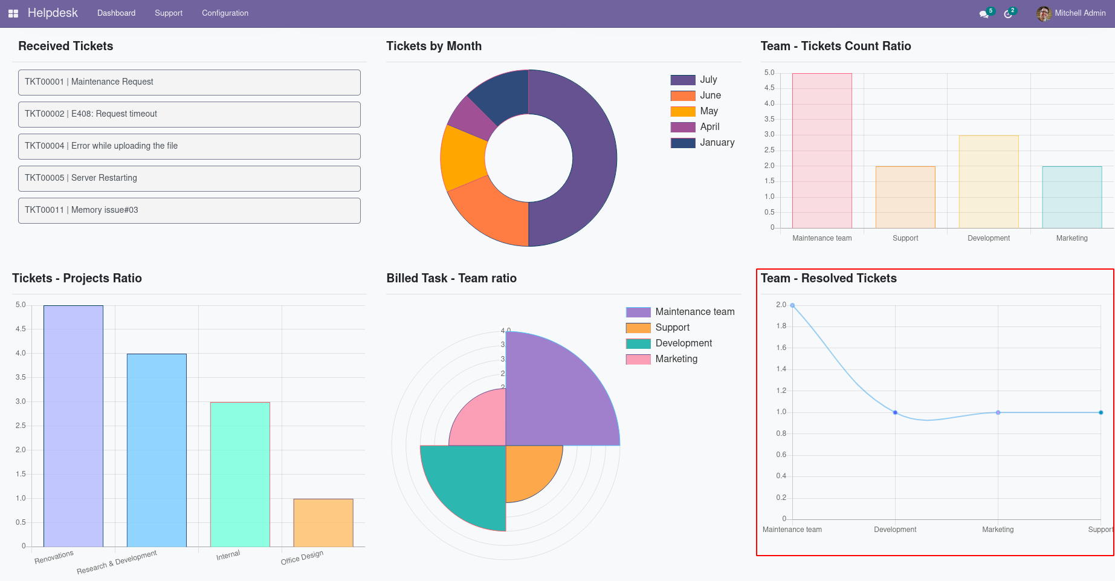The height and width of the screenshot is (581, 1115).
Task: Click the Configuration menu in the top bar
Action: tap(225, 13)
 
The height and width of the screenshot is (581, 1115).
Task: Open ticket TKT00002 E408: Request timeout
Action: tap(189, 114)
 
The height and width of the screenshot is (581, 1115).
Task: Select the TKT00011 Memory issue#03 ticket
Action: tap(189, 210)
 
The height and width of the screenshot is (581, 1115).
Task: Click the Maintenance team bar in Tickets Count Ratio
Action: tap(822, 151)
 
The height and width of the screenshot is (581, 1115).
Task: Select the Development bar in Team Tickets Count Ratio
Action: tap(988, 182)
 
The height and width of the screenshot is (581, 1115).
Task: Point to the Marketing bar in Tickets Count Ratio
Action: tap(1071, 198)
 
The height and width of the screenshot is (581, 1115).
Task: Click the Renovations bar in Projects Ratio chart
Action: tap(73, 426)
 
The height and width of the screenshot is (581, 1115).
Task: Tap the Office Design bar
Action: tap(323, 523)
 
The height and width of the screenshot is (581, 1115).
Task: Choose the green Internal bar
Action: tap(240, 475)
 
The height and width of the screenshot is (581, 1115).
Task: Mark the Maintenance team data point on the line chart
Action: tap(792, 305)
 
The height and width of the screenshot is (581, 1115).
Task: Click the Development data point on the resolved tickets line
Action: tap(895, 412)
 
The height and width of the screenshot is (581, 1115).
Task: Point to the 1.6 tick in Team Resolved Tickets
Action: tap(781, 348)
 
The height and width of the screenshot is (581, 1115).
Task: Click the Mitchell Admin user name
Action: tap(1080, 13)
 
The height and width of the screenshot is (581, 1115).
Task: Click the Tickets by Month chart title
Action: tap(434, 47)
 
